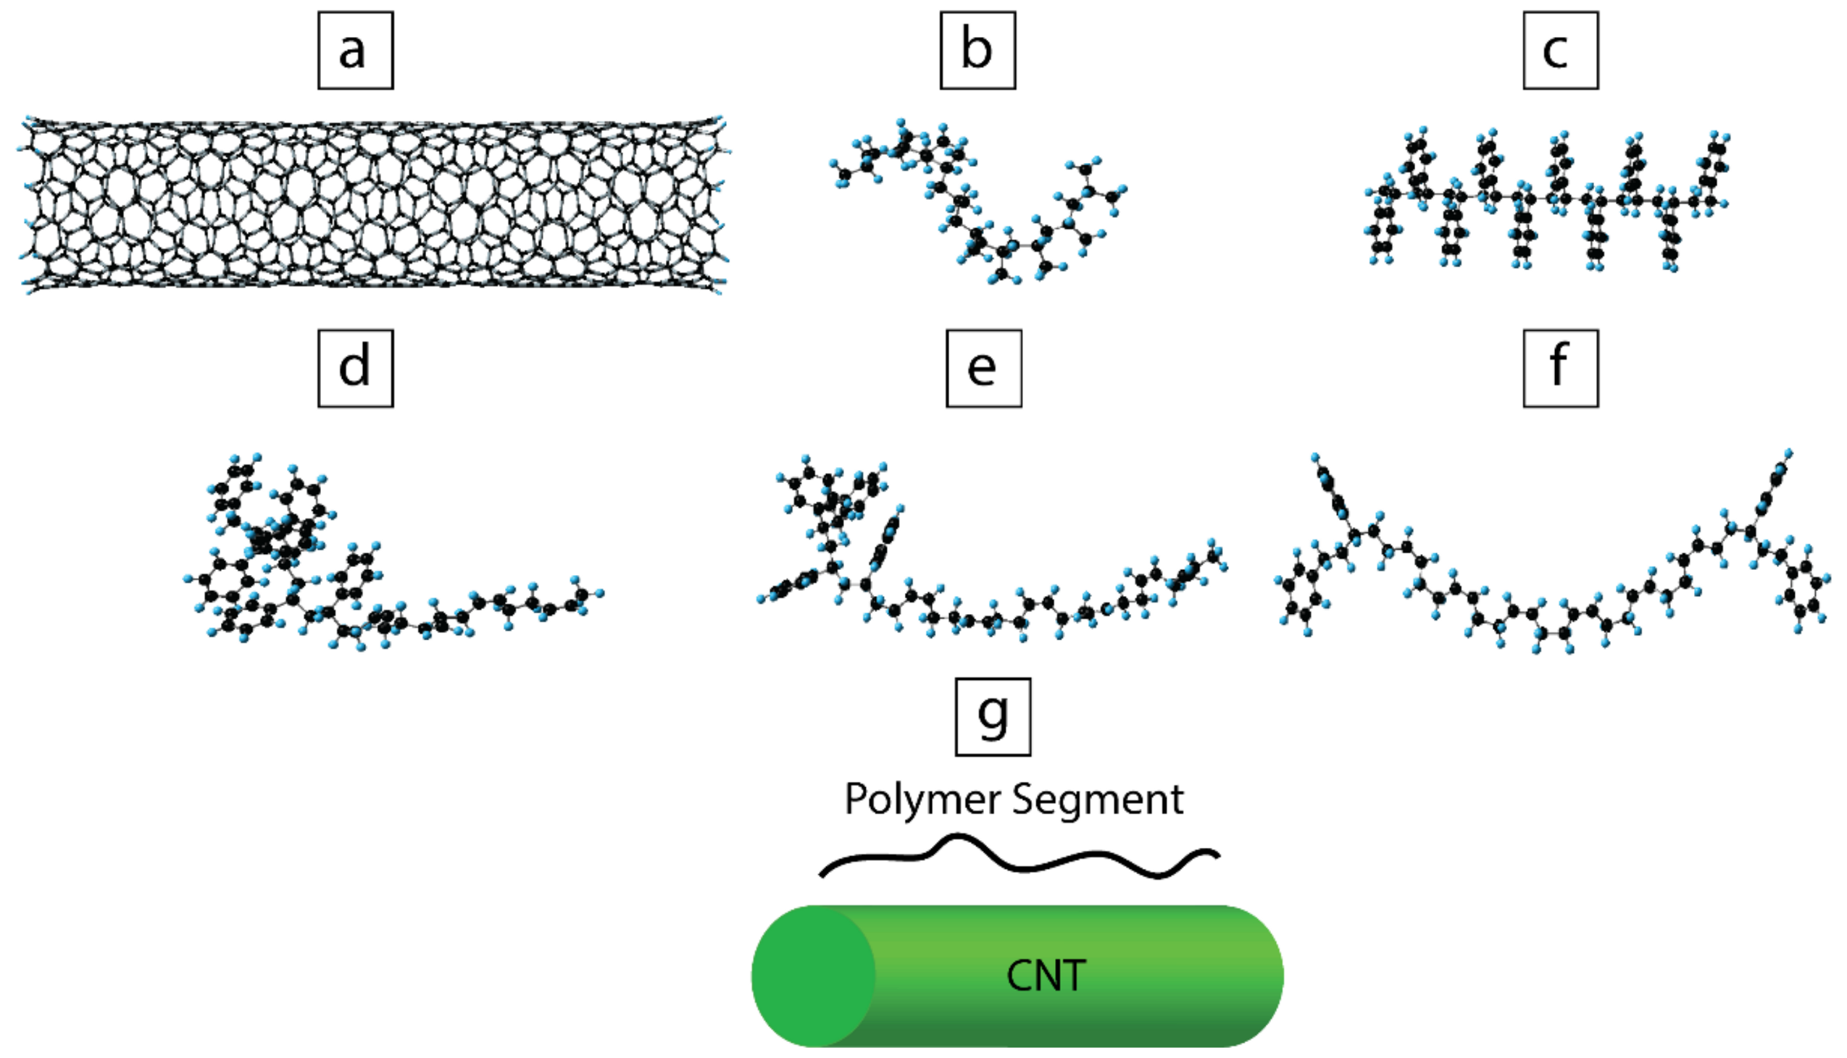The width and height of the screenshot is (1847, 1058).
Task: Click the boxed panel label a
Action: (356, 51)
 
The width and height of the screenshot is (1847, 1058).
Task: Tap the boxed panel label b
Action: (977, 51)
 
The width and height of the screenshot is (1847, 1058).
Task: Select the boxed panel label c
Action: (1561, 51)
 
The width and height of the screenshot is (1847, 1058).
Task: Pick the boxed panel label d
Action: (356, 369)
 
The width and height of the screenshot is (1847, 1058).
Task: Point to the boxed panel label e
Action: (983, 369)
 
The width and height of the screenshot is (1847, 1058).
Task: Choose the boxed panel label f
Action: (1561, 369)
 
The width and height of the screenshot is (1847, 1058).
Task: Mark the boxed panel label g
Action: (993, 717)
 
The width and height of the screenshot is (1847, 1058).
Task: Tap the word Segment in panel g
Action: (1098, 799)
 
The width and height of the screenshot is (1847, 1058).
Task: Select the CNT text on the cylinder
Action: (1046, 976)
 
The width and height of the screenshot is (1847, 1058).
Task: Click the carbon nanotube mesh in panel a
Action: (371, 203)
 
